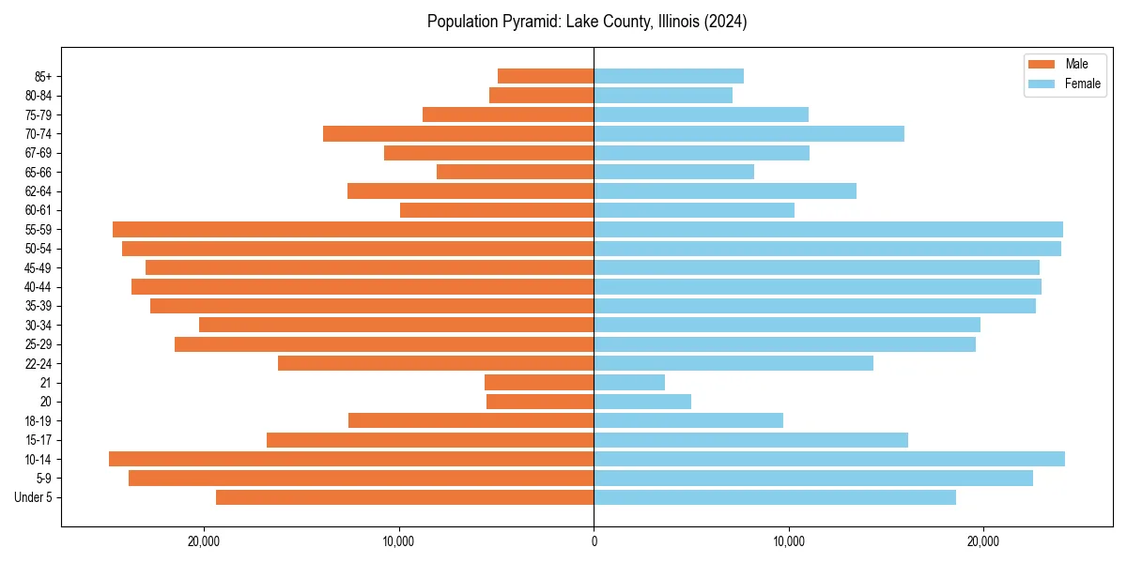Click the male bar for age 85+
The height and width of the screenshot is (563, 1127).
point(546,76)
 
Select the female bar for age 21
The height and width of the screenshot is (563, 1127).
point(629,382)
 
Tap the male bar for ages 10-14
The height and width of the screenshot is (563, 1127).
point(351,459)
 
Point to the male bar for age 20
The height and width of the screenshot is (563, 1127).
point(540,402)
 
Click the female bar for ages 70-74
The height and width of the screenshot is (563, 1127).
point(749,133)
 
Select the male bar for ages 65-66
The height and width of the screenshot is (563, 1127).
point(516,172)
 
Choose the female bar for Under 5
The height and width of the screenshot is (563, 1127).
point(774,497)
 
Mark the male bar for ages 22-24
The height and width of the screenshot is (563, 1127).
point(436,363)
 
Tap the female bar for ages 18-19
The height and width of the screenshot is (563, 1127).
point(688,420)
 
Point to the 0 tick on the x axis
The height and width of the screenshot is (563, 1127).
point(594,540)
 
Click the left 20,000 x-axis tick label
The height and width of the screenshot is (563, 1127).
point(204,540)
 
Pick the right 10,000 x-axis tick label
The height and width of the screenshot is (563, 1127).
point(789,540)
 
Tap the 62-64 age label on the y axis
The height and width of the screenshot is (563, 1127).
point(39,191)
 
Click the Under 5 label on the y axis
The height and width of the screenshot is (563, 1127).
point(34,497)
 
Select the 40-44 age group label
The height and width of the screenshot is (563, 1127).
point(39,287)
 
